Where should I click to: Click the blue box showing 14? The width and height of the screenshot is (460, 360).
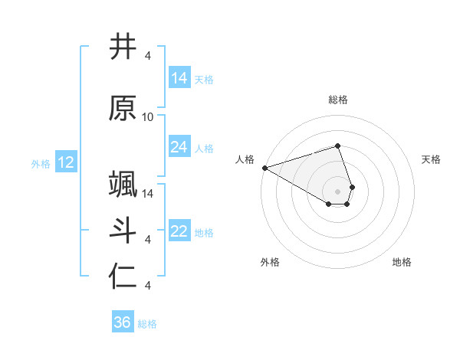[179, 78]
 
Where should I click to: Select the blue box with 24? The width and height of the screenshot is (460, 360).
[179, 147]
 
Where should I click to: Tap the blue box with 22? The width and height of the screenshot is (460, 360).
[179, 232]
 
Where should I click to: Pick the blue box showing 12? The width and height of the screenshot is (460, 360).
[66, 162]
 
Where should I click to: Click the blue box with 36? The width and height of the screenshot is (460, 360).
[122, 322]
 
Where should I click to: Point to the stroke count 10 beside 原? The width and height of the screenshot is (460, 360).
[148, 117]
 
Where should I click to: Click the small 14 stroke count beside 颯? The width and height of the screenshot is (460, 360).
[148, 193]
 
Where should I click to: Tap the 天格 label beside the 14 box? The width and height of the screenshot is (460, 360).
[204, 80]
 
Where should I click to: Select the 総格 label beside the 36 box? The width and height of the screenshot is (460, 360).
[147, 324]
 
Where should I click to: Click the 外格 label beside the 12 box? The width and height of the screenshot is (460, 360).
[40, 164]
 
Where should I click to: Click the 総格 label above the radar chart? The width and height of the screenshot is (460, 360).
[337, 100]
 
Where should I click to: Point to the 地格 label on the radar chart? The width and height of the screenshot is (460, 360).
[402, 262]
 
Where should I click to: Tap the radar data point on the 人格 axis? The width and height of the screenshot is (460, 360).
[264, 167]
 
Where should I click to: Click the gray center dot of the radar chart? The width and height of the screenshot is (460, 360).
[337, 191]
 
